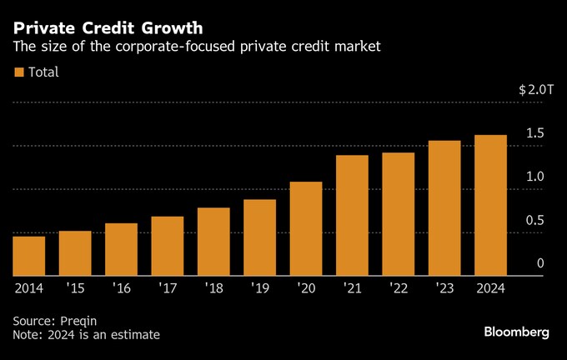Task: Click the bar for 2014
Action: (28, 256)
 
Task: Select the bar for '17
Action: (167, 246)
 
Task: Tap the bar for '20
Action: (306, 228)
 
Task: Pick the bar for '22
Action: (398, 214)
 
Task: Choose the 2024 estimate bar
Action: (490, 205)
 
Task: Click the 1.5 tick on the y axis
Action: (535, 133)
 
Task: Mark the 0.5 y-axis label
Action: (535, 220)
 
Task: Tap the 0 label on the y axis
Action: (540, 263)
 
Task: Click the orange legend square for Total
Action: (19, 72)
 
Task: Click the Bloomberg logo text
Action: (516, 332)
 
